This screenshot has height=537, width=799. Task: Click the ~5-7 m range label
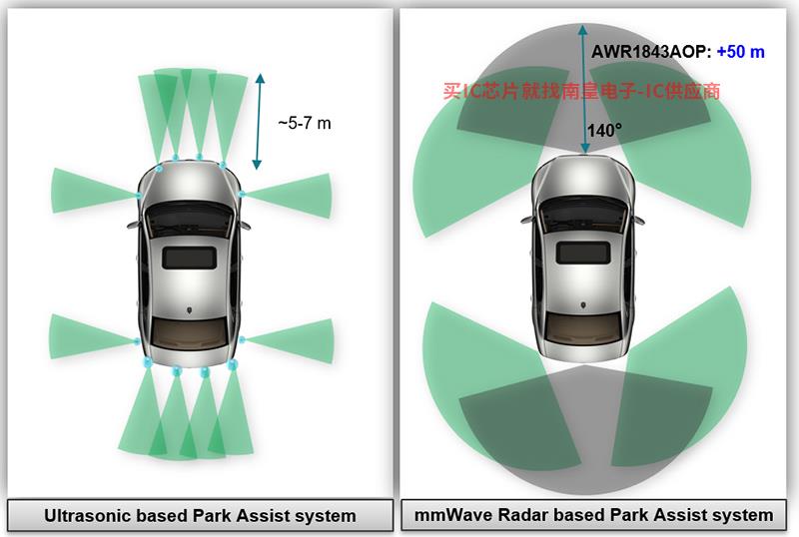click(x=305, y=123)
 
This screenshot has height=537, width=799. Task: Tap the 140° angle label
click(x=604, y=131)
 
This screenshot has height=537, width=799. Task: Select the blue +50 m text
click(x=740, y=52)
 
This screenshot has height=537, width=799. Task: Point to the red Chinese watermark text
click(x=581, y=91)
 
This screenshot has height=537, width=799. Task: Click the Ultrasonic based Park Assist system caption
click(x=200, y=516)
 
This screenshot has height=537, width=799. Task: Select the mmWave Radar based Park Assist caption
click(x=593, y=515)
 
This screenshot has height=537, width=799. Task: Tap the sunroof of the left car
click(x=189, y=258)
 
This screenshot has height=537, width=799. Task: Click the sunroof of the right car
click(x=583, y=253)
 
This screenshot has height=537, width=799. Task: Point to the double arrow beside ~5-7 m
click(x=259, y=121)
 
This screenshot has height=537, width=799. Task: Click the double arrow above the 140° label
click(x=584, y=88)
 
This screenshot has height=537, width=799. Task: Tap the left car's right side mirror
click(x=246, y=225)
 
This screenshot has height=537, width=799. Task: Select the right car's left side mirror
click(x=526, y=221)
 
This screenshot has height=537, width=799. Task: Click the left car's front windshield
click(x=190, y=218)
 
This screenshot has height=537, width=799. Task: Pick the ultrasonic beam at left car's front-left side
click(x=94, y=191)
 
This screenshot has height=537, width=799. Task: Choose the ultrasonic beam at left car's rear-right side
click(x=289, y=340)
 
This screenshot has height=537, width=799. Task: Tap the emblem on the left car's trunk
click(x=190, y=309)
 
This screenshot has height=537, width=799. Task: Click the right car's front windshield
click(x=583, y=213)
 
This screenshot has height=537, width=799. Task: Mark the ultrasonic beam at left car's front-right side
click(x=288, y=196)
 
